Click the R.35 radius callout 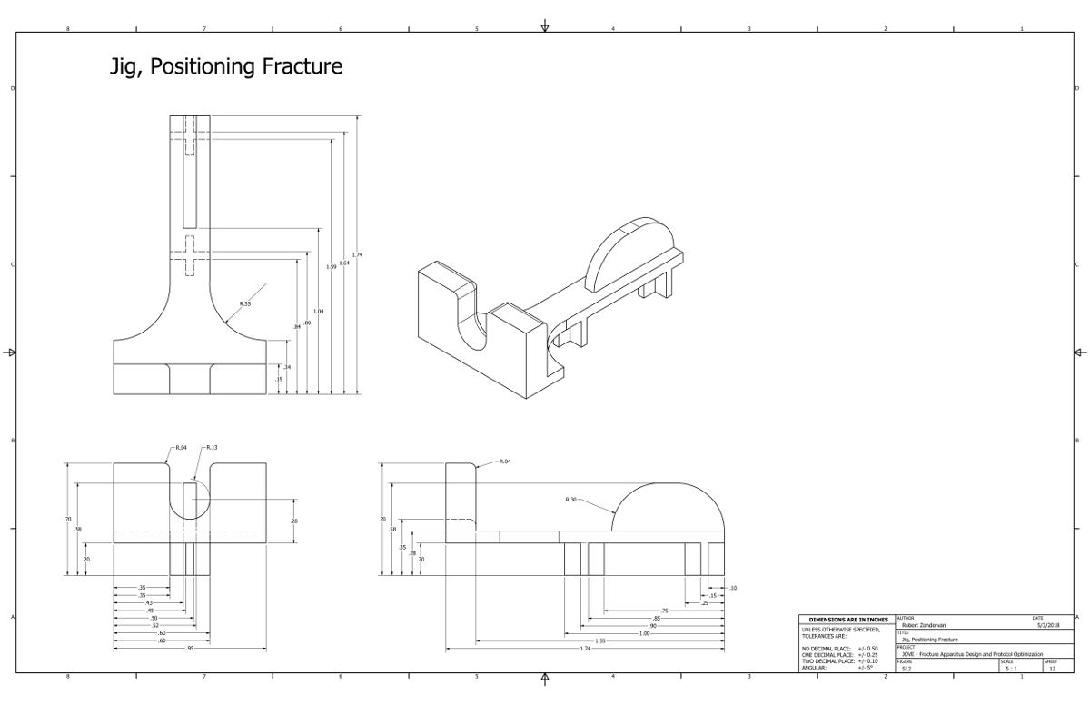(245, 303)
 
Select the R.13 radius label (212, 448)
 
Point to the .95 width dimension (190, 648)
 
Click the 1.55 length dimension (600, 640)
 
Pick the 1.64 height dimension (344, 263)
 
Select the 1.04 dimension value (319, 311)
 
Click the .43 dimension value (149, 602)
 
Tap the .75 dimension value (664, 611)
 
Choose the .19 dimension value (279, 379)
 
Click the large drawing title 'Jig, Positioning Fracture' (226, 67)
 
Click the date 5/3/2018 (1047, 625)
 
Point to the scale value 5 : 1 (1010, 669)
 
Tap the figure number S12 (907, 669)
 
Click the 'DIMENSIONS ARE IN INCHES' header (847, 620)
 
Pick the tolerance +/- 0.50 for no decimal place (867, 649)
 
